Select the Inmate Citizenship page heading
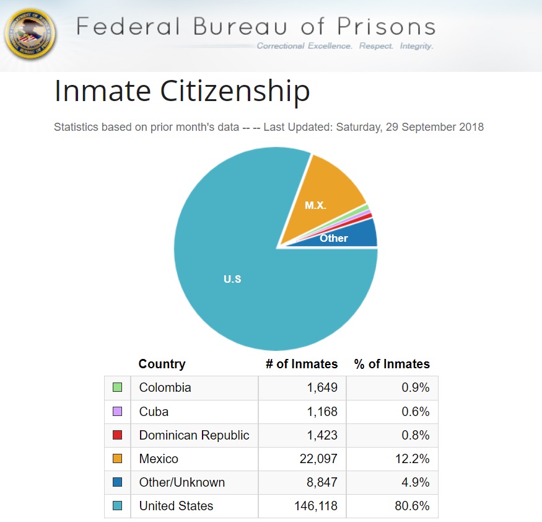click(182, 92)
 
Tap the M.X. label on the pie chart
click(316, 205)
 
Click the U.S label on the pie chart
click(232, 279)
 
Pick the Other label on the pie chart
click(334, 238)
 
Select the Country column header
click(162, 364)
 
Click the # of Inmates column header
click(302, 364)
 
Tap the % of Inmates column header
click(391, 364)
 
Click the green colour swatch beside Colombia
click(117, 387)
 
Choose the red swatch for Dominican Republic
click(117, 435)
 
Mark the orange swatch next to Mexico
click(117, 459)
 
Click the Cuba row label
click(154, 412)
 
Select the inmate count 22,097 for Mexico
click(317, 459)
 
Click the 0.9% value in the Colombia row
click(414, 387)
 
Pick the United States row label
click(176, 506)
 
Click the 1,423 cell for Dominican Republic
click(322, 435)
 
